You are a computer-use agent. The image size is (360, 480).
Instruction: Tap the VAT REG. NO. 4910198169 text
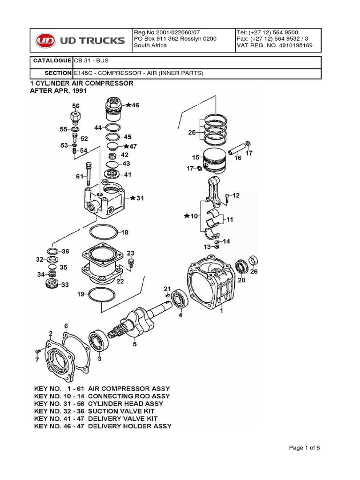274,45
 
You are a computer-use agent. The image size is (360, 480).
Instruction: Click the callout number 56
75,106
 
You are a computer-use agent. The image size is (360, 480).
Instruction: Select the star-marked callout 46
133,105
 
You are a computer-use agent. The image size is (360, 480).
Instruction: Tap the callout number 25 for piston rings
192,133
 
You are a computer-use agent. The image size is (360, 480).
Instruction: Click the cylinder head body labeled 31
105,199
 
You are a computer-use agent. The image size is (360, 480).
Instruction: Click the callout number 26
254,271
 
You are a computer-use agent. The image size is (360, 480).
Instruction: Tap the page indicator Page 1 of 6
304,448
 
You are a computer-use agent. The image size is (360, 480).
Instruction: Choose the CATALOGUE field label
52,61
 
